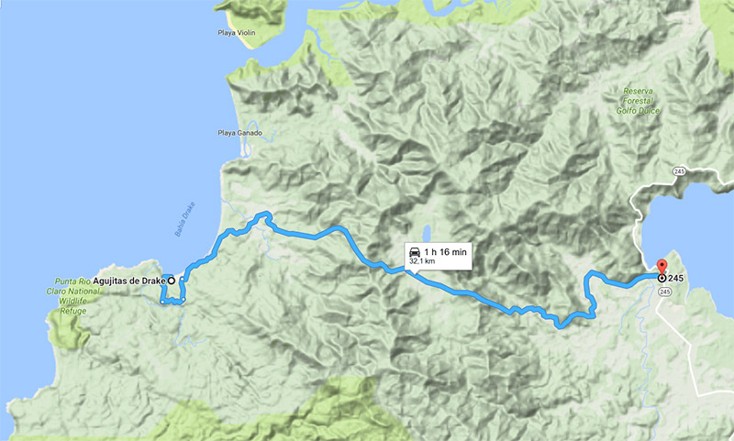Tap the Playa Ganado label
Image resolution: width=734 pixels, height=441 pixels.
[x=240, y=133]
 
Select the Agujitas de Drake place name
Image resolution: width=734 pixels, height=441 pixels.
[x=128, y=281]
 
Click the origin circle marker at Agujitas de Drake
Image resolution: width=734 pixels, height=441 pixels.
[x=172, y=281]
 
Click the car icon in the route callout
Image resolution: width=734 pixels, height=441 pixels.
[x=415, y=250]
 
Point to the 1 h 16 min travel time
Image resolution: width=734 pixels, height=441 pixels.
[x=446, y=250]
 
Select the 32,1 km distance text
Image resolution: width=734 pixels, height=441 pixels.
[x=422, y=261]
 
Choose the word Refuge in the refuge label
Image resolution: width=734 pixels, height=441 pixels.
[x=72, y=311]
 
